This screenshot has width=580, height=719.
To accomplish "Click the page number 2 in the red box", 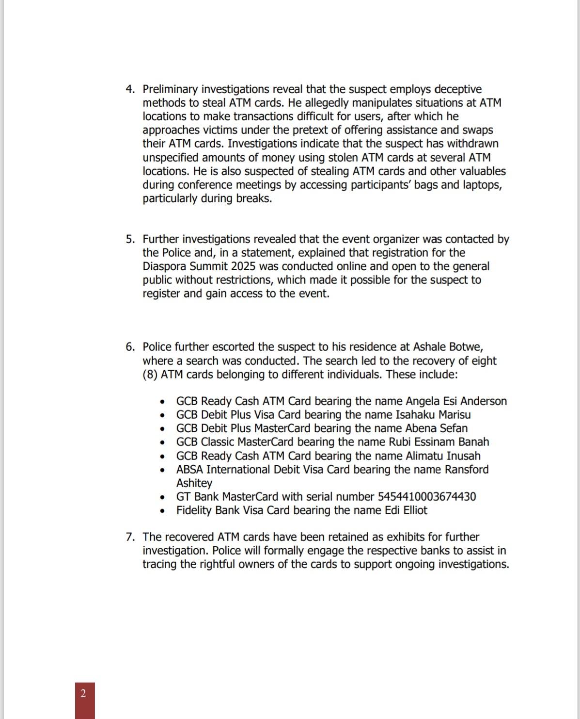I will [x=83, y=693].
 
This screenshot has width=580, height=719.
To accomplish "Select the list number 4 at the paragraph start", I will [x=129, y=90].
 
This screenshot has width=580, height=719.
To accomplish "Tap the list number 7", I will [x=129, y=537].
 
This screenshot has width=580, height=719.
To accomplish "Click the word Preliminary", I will [x=170, y=90].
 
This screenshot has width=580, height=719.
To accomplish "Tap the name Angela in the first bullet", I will [x=423, y=401].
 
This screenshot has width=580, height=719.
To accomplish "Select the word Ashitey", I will [x=194, y=483].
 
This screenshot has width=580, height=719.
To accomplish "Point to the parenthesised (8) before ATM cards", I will [x=150, y=375].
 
